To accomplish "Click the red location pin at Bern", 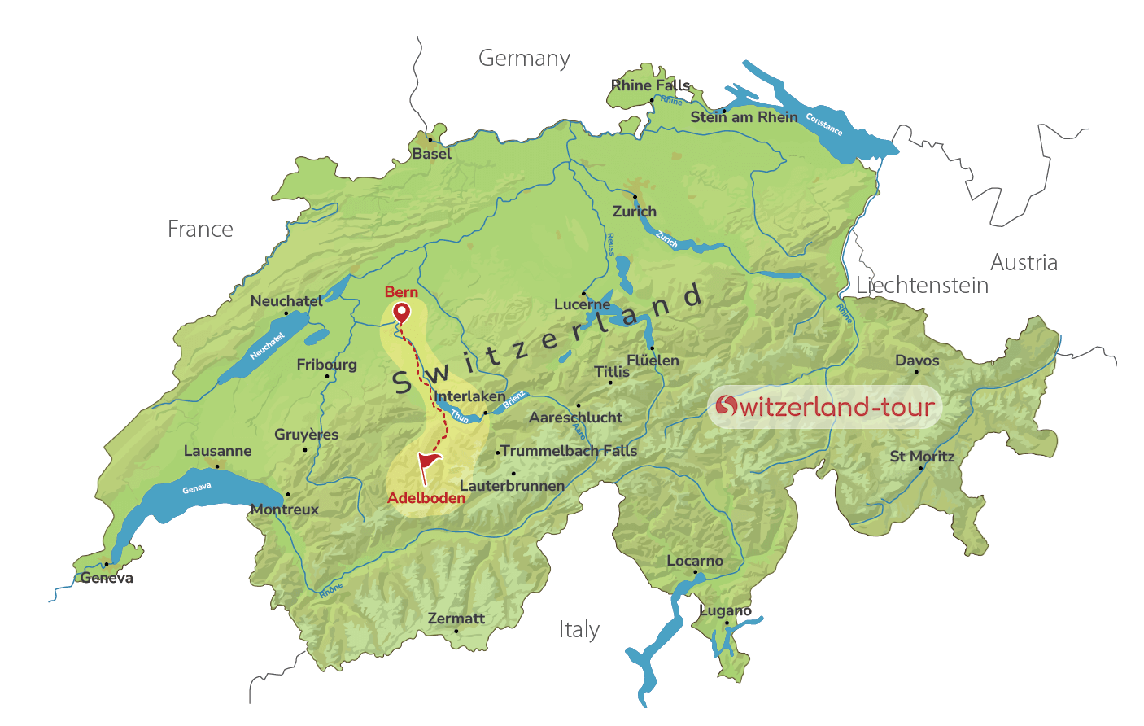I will [401, 313].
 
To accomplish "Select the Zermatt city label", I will [456, 619].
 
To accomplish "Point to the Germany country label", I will [524, 59].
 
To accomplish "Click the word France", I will [200, 230].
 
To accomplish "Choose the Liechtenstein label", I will [922, 286].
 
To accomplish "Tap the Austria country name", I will [1024, 262].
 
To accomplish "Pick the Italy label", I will [579, 630].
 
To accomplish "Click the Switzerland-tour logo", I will [824, 407].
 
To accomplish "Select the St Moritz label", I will [922, 457].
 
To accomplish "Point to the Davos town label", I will [917, 361].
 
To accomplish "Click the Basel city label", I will [431, 154].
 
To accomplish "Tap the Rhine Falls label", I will [650, 85].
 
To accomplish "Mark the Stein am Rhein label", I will [744, 117].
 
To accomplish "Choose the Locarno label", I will [695, 561].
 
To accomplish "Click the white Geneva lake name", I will [197, 488].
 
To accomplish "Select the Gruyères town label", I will [306, 435].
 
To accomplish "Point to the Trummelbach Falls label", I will [569, 451].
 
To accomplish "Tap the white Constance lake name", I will [824, 124].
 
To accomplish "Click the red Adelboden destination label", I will [426, 498].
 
